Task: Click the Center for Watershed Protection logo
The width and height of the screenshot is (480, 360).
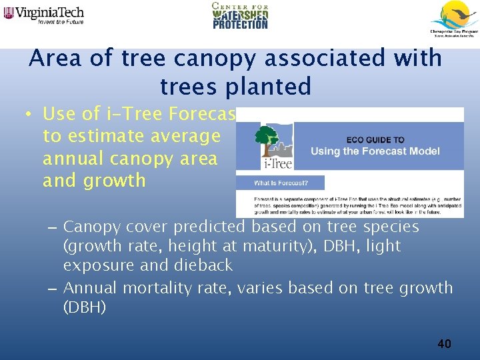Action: [240, 15]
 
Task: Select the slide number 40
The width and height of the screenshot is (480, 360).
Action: [444, 344]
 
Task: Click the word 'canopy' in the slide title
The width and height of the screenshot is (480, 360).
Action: [217, 58]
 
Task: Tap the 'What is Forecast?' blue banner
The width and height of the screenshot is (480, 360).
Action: [280, 183]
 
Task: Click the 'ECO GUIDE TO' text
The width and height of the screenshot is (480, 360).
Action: [375, 140]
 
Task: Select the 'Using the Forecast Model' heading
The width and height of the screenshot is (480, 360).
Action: [375, 151]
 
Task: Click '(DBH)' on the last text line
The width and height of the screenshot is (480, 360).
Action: [84, 307]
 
